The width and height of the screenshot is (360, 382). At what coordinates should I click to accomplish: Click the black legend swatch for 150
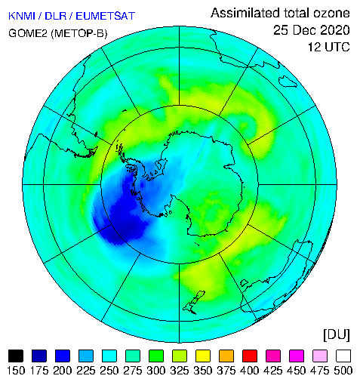[16, 356]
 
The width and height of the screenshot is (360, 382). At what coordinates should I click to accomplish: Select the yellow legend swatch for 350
[203, 356]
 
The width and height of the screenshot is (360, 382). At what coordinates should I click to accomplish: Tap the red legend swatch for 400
[250, 356]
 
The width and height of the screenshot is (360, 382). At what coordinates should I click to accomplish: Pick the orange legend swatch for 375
[226, 356]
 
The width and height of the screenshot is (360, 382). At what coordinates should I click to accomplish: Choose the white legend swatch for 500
[343, 356]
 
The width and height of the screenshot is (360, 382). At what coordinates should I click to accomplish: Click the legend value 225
[86, 371]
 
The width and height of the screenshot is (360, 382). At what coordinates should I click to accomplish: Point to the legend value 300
[156, 371]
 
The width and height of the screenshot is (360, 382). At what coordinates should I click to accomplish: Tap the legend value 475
[320, 371]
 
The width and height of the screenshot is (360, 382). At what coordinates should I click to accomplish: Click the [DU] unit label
[337, 335]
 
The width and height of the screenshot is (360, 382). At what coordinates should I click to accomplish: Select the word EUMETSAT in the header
[106, 16]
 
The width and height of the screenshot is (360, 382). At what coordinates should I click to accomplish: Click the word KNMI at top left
[22, 16]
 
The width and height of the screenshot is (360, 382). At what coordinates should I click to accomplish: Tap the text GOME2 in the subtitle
[28, 33]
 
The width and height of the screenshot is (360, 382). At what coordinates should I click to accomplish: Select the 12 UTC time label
[329, 47]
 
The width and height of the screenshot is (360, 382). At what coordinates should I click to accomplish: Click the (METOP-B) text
[79, 33]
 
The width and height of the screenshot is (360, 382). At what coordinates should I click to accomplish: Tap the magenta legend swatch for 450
[297, 356]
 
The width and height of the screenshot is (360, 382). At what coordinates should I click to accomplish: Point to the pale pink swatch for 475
[320, 356]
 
